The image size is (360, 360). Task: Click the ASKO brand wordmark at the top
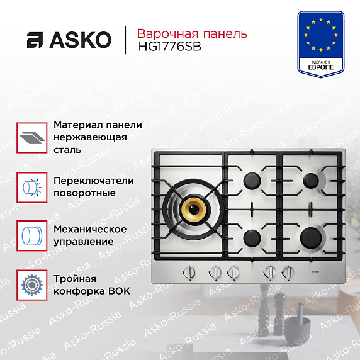[69, 40]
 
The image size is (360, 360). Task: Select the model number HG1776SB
[169, 47]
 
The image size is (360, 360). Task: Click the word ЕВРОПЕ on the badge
[320, 67]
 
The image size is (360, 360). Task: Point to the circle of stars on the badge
[321, 35]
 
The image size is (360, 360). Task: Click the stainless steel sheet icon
[32, 138]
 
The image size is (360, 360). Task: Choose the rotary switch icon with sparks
[32, 188]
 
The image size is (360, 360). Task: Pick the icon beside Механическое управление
[32, 235]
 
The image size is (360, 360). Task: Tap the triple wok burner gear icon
[32, 285]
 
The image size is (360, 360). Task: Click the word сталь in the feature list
[67, 150]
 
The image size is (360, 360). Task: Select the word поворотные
[84, 193]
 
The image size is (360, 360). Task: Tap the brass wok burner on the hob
[194, 209]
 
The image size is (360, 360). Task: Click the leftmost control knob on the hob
[189, 273]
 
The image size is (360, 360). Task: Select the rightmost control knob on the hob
[288, 273]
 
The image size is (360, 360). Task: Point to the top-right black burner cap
[311, 181]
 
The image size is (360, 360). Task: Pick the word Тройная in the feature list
[75, 279]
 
